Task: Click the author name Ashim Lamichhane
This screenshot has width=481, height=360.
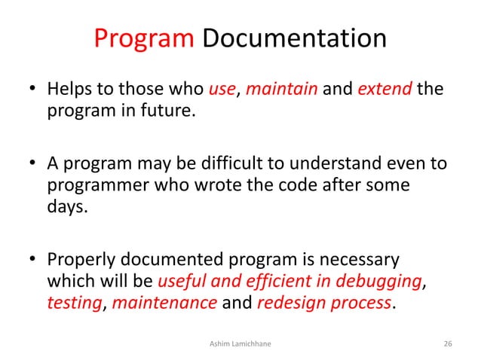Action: (x=240, y=343)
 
